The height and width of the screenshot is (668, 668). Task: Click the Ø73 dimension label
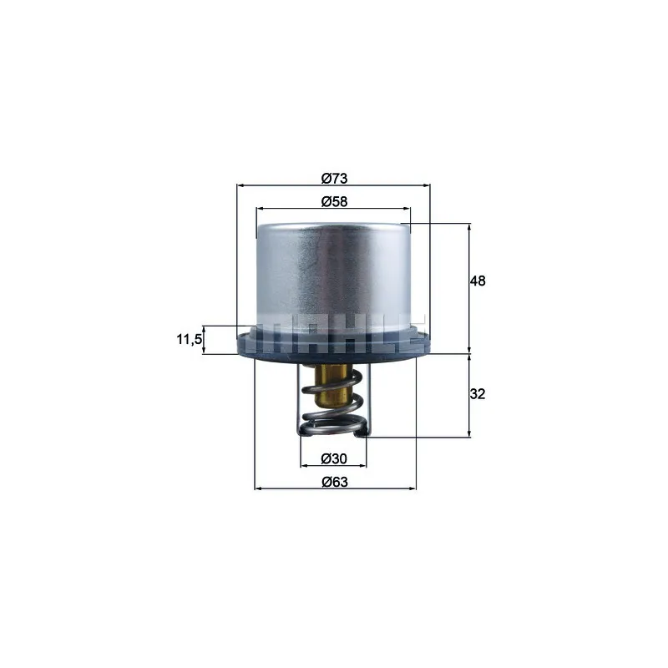pyautogui.click(x=335, y=178)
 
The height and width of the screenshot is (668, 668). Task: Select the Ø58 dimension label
pyautogui.click(x=335, y=201)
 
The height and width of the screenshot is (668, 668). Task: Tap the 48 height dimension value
pyautogui.click(x=478, y=281)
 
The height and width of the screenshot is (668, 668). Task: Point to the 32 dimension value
pyautogui.click(x=478, y=393)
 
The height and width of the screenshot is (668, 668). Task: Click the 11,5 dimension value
pyautogui.click(x=190, y=340)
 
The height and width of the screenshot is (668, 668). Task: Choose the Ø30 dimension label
pyautogui.click(x=334, y=458)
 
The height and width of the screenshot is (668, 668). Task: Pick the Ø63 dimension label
pyautogui.click(x=335, y=482)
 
